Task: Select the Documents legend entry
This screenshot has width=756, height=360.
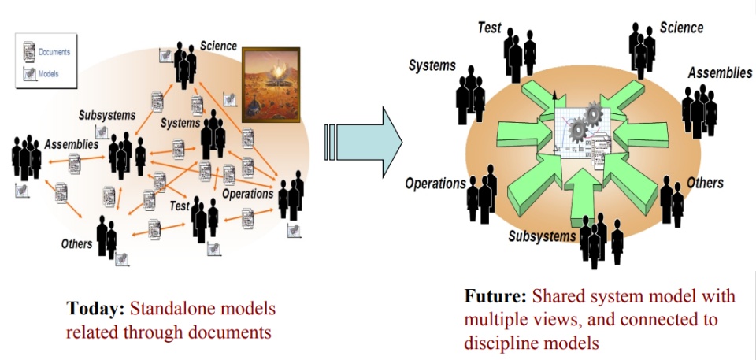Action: tap(54, 53)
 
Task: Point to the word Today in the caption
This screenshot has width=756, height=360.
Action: tap(94, 308)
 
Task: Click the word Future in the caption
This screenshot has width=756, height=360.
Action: tap(495, 297)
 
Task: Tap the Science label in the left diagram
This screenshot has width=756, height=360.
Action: tap(218, 46)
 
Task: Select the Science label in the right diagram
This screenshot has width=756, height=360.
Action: tap(681, 28)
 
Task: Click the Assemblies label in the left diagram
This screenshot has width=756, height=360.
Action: tap(71, 145)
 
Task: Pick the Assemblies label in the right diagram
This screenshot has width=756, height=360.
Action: tap(720, 73)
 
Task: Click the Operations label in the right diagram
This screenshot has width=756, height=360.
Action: tap(435, 184)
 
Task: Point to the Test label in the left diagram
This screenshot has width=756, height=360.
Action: tap(180, 206)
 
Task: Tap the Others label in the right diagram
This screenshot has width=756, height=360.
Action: tap(704, 183)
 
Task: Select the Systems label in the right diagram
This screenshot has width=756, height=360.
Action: tap(432, 66)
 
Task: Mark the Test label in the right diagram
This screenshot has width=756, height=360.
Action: tap(489, 28)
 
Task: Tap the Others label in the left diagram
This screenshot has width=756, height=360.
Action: tap(76, 244)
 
